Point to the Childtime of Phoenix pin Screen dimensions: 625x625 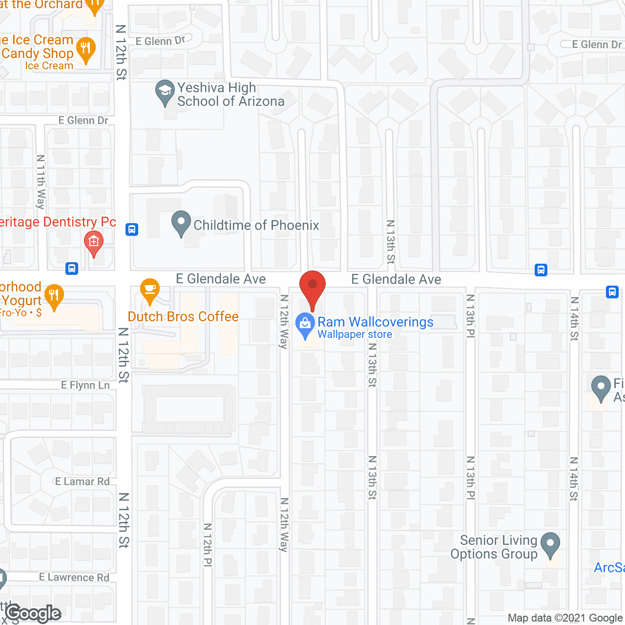(x=181, y=223)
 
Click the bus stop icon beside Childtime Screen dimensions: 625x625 (x=132, y=229)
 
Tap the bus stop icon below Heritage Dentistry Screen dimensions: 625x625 (x=72, y=268)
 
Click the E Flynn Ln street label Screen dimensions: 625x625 (x=85, y=385)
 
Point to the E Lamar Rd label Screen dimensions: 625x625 (x=83, y=481)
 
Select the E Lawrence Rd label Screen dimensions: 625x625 (x=74, y=577)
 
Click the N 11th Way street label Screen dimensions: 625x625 (x=41, y=182)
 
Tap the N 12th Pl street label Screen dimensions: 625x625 (x=208, y=544)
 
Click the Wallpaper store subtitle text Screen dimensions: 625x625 (x=355, y=334)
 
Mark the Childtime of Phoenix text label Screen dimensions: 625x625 (x=256, y=225)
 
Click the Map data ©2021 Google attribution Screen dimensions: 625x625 (x=565, y=618)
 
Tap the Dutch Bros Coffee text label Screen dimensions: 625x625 (x=183, y=316)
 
